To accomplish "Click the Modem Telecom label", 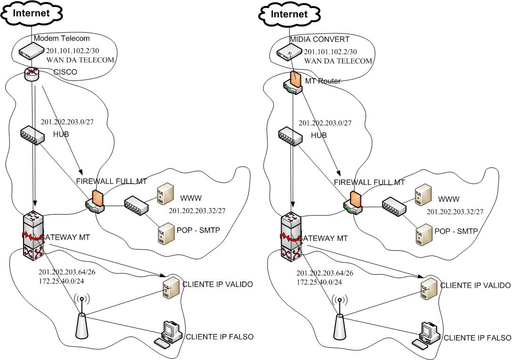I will click(x=62, y=38).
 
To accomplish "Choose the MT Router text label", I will click(x=323, y=81).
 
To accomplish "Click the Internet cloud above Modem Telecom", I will click(x=31, y=13).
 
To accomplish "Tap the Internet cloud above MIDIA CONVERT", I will click(x=289, y=14).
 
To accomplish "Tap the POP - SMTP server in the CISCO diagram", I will click(x=164, y=233).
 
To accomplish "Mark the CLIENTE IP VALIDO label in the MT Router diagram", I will click(x=475, y=286).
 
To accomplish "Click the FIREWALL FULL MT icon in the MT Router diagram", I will click(x=352, y=202).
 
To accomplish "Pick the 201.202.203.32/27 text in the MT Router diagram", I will click(x=455, y=212).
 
